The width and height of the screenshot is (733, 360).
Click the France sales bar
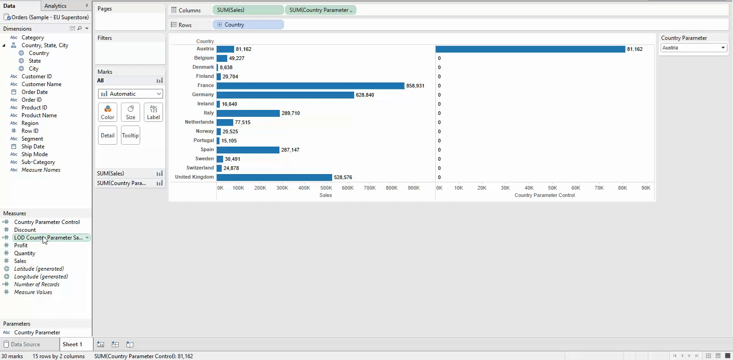pyautogui.click(x=310, y=86)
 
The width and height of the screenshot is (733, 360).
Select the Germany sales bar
pyautogui.click(x=285, y=95)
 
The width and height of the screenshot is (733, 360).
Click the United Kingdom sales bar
pyautogui.click(x=274, y=177)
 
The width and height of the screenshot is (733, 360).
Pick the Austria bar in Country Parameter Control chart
pyautogui.click(x=530, y=49)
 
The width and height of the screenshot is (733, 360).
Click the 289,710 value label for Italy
pyautogui.click(x=290, y=113)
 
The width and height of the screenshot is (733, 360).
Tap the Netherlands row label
pyautogui.click(x=199, y=122)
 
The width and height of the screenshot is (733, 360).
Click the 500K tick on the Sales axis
pyautogui.click(x=326, y=188)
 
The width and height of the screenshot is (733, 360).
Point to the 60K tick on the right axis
pyautogui.click(x=576, y=188)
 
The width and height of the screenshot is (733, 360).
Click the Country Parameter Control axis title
pyautogui.click(x=544, y=195)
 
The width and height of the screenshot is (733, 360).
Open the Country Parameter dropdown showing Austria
pyautogui.click(x=694, y=48)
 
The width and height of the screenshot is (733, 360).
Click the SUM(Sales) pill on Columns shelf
pyautogui.click(x=248, y=10)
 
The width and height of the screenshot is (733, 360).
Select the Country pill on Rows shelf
pyautogui.click(x=248, y=25)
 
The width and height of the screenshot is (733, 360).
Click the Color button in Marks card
pyautogui.click(x=108, y=112)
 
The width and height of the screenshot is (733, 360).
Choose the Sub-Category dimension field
pyautogui.click(x=38, y=162)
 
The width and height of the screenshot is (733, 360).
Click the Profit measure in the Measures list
pyautogui.click(x=21, y=245)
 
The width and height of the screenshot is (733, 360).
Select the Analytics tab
pyautogui.click(x=55, y=6)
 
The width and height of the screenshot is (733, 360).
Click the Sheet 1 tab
pyautogui.click(x=72, y=344)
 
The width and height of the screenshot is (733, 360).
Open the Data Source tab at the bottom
pyautogui.click(x=25, y=344)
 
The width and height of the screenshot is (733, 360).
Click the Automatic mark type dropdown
pyautogui.click(x=131, y=94)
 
